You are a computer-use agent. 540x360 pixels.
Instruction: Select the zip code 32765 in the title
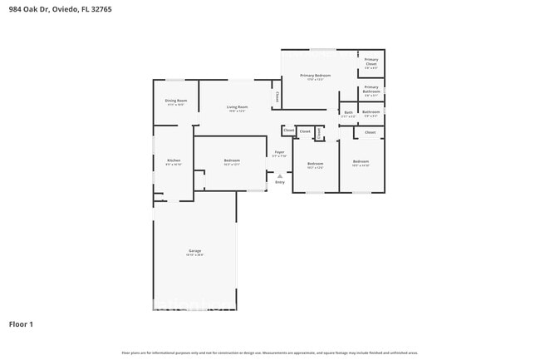tap(101, 9)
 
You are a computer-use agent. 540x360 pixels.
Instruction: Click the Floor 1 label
tap(21, 323)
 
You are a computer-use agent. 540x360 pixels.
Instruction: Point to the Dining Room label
tap(175, 101)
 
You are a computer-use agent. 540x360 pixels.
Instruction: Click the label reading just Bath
tap(348, 112)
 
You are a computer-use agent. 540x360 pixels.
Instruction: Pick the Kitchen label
tap(173, 160)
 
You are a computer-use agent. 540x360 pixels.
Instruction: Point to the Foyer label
tap(279, 152)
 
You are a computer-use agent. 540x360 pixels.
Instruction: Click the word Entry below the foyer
tap(279, 182)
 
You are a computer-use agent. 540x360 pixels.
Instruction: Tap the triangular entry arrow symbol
tap(279, 175)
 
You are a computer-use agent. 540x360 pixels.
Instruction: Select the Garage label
tap(194, 250)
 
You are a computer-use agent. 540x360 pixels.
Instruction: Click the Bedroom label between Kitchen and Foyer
tap(232, 160)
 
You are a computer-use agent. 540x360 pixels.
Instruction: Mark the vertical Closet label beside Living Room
tap(277, 96)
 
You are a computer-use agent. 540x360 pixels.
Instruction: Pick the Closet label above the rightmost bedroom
tap(370, 132)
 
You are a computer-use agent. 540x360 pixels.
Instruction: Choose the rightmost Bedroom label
tap(360, 160)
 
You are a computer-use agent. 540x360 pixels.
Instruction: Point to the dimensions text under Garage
tap(194, 254)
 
